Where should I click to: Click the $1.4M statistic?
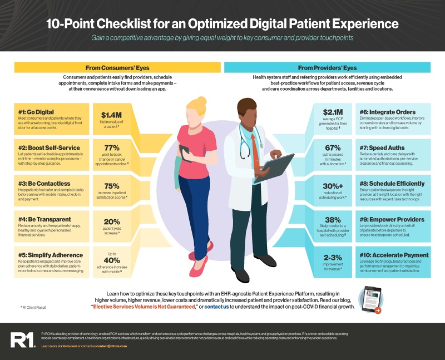(111, 113)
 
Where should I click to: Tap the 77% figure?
(111, 148)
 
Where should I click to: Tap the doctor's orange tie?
(254, 147)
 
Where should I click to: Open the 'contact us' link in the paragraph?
(217, 307)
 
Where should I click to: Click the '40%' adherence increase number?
(111, 260)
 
